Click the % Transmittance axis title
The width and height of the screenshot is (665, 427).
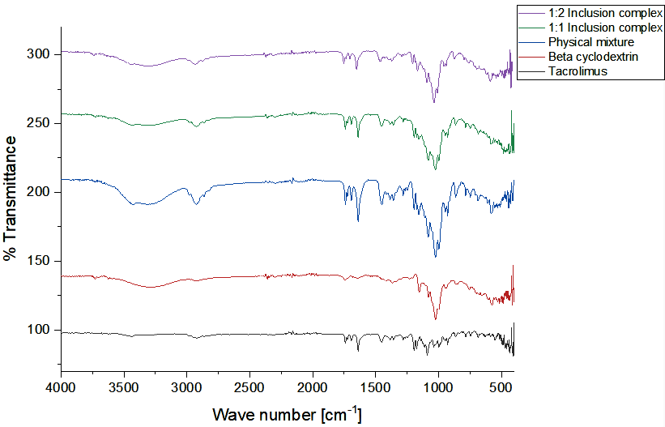[11, 199]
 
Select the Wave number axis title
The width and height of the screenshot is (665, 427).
[287, 414]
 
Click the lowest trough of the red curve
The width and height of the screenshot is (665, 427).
[436, 318]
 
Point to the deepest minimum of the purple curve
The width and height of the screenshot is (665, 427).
[434, 102]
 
